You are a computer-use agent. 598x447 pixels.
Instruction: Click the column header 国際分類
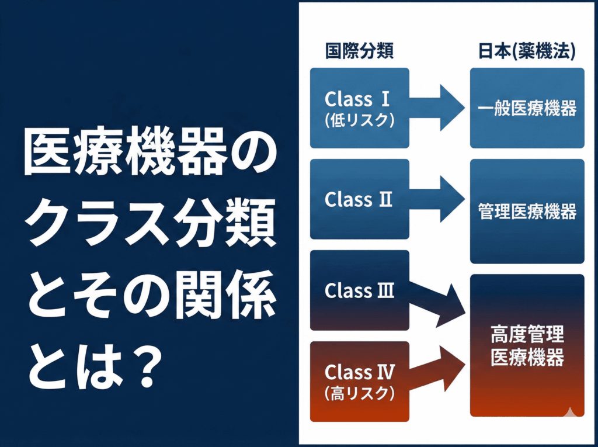359,51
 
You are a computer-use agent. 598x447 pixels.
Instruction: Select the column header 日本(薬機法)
527,51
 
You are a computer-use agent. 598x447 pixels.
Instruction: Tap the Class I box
359,108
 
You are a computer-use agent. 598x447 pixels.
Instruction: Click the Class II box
359,199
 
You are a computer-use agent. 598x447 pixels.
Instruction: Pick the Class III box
359,290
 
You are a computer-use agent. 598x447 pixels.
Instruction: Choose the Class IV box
359,381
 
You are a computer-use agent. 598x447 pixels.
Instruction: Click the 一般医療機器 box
527,108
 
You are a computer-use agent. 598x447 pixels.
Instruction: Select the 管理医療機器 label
527,211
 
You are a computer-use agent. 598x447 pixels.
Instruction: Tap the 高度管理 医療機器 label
527,346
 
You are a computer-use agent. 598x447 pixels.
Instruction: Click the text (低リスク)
359,119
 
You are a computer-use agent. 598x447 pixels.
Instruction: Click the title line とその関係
149,296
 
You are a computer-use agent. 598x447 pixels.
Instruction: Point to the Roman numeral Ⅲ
385,290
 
